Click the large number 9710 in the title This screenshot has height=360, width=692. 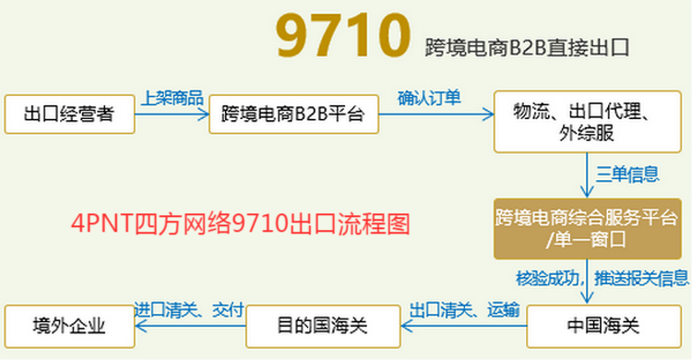341,35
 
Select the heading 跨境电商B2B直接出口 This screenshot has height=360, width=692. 532,45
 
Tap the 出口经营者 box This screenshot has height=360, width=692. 69,114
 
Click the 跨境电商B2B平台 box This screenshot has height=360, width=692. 292,114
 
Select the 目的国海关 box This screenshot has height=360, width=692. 322,326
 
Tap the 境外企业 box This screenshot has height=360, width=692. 69,326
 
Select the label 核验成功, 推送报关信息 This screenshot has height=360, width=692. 602,277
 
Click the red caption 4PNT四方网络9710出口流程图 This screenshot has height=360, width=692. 239,223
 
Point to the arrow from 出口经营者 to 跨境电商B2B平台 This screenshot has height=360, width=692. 172,114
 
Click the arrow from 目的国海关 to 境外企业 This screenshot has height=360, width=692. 190,326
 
